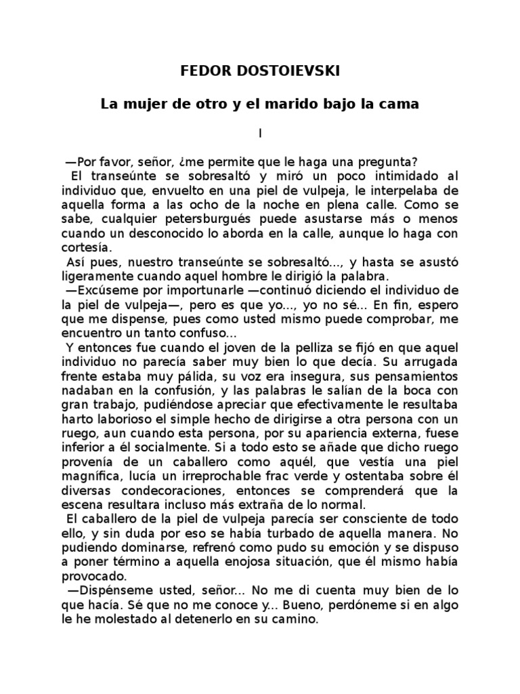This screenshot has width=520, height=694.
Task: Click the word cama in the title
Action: pos(402,104)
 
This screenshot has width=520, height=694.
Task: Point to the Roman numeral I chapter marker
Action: pos(260,134)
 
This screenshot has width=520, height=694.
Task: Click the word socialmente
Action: pos(175,447)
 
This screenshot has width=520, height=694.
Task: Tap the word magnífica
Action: pos(89,476)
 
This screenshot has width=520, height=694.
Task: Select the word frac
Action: pos(282,476)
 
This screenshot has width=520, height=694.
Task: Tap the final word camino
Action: pos(295,619)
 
